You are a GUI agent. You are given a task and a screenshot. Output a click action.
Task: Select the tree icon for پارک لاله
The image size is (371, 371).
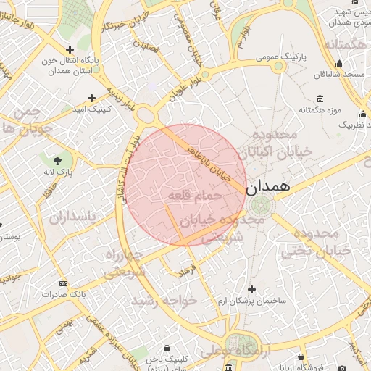pos(57,159)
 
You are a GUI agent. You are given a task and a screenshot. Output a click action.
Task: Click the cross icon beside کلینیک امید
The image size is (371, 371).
pos(91,98)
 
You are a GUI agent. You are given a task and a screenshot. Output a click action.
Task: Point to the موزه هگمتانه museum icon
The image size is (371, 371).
pos(320,99)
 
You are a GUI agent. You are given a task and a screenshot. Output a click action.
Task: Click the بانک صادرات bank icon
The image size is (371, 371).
pos(64,283)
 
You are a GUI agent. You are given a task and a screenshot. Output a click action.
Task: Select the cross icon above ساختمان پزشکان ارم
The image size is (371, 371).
pos(251,288)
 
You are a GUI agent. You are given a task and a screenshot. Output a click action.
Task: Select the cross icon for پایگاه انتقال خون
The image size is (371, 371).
pos(70,49)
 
